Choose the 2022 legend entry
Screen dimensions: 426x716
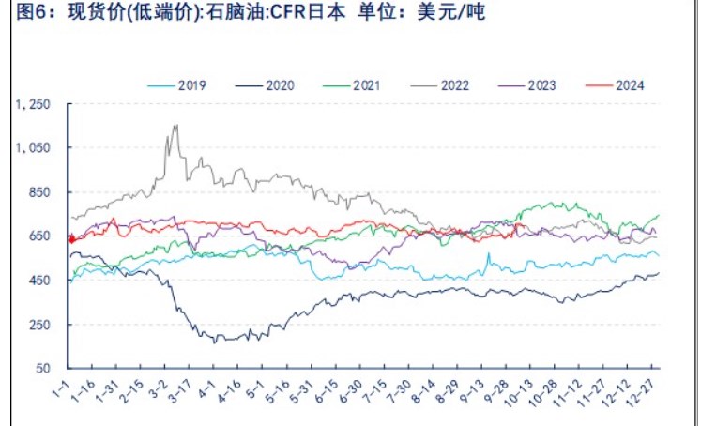click(x=454, y=84)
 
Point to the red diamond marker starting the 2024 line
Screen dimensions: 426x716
click(x=70, y=239)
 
